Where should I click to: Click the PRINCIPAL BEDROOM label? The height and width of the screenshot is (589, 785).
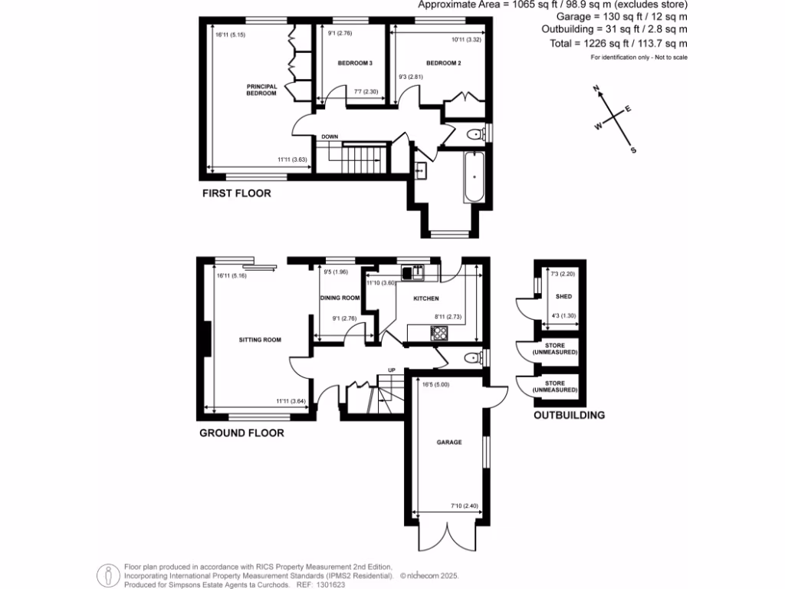(261, 90)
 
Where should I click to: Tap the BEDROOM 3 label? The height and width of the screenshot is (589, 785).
(355, 62)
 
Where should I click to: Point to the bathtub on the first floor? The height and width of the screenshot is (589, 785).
(474, 177)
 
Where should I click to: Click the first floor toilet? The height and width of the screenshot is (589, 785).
(476, 135)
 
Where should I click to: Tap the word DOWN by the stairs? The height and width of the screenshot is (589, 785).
(330, 137)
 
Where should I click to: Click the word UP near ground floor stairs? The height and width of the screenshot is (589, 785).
(391, 369)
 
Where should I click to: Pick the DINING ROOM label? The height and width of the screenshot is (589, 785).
(340, 298)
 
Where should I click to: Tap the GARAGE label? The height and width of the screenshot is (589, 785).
(449, 442)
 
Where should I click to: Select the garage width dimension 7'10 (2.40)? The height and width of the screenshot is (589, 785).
(463, 505)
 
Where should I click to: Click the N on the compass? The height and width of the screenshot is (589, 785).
(596, 90)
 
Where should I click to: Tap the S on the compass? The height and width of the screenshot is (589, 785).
(632, 150)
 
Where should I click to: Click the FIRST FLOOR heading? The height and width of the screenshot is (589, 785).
(236, 193)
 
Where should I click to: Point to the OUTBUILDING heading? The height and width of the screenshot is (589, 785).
(569, 415)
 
